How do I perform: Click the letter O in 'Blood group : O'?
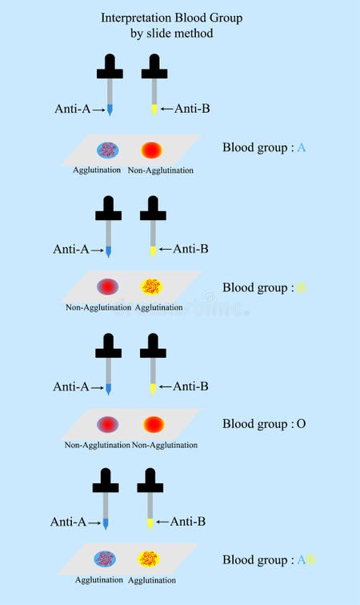pos(301,424)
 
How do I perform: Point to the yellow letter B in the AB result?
pos(310,559)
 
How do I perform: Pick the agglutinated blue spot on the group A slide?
pos(107,150)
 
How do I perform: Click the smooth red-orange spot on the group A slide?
pos(151,150)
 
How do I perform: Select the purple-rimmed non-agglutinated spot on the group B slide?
pos(107,286)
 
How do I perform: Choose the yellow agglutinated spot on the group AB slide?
pos(149,558)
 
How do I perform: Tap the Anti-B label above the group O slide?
pos(190,387)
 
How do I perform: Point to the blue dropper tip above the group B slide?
pos(108,252)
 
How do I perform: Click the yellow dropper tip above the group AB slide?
pos(150,524)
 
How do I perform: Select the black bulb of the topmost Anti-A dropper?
pos(109,65)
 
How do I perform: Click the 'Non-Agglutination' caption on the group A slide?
pos(161,170)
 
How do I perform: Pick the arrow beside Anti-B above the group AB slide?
pos(164,522)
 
